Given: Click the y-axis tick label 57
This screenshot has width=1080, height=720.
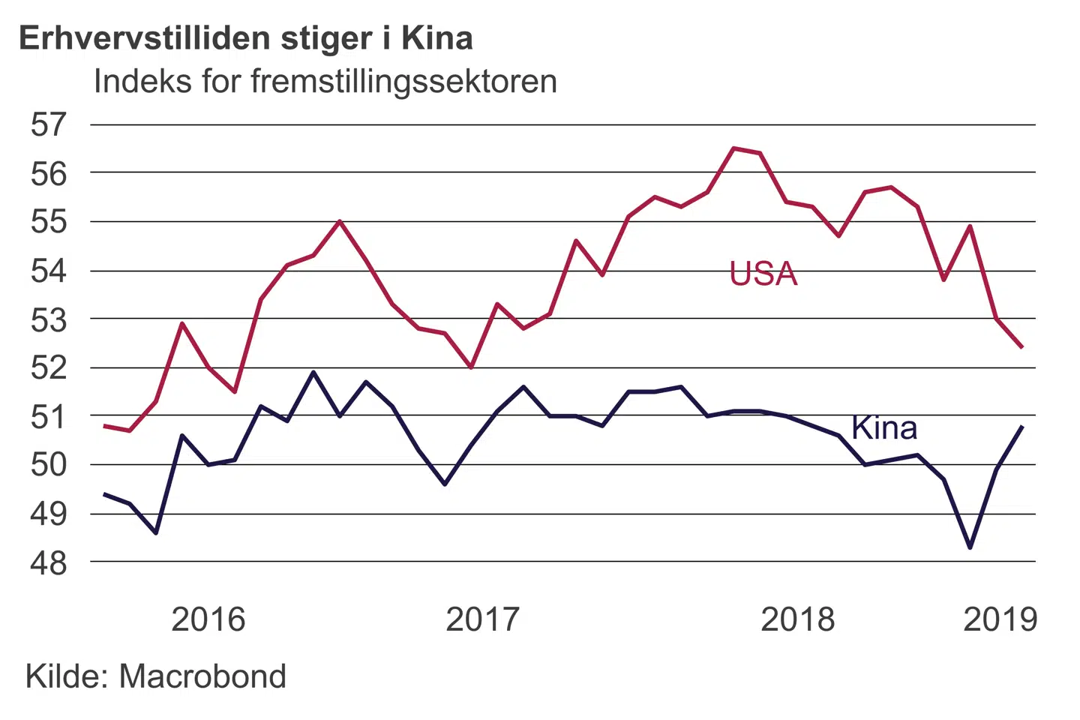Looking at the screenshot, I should point(49,124).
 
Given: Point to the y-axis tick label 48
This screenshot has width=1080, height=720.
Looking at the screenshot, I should point(49,562).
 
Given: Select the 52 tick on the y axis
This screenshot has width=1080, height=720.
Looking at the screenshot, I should point(49,368).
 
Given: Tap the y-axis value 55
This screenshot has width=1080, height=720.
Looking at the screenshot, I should point(49,222).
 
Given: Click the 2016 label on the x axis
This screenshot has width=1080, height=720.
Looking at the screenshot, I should point(208,619).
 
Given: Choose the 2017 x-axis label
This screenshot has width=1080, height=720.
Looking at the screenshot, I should point(482,619).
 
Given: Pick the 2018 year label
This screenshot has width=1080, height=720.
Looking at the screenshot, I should point(797,619).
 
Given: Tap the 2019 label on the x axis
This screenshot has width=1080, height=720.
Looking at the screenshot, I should point(1000,619).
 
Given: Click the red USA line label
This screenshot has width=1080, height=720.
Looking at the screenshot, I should point(763,274).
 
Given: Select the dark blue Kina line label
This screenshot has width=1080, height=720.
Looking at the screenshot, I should point(884,428).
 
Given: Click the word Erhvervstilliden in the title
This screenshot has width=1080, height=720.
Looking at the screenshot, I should point(143,39).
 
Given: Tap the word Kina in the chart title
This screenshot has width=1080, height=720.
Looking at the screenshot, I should point(437,39).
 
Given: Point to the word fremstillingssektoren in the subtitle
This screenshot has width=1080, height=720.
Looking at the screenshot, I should point(403,81).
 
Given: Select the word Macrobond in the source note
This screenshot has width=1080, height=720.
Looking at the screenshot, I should point(202,676).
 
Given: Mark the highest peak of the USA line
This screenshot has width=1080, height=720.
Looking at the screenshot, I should point(733,148).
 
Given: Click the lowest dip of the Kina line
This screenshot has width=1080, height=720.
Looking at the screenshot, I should point(970,547).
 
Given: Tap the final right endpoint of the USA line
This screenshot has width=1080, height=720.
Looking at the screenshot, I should point(1022,347).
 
